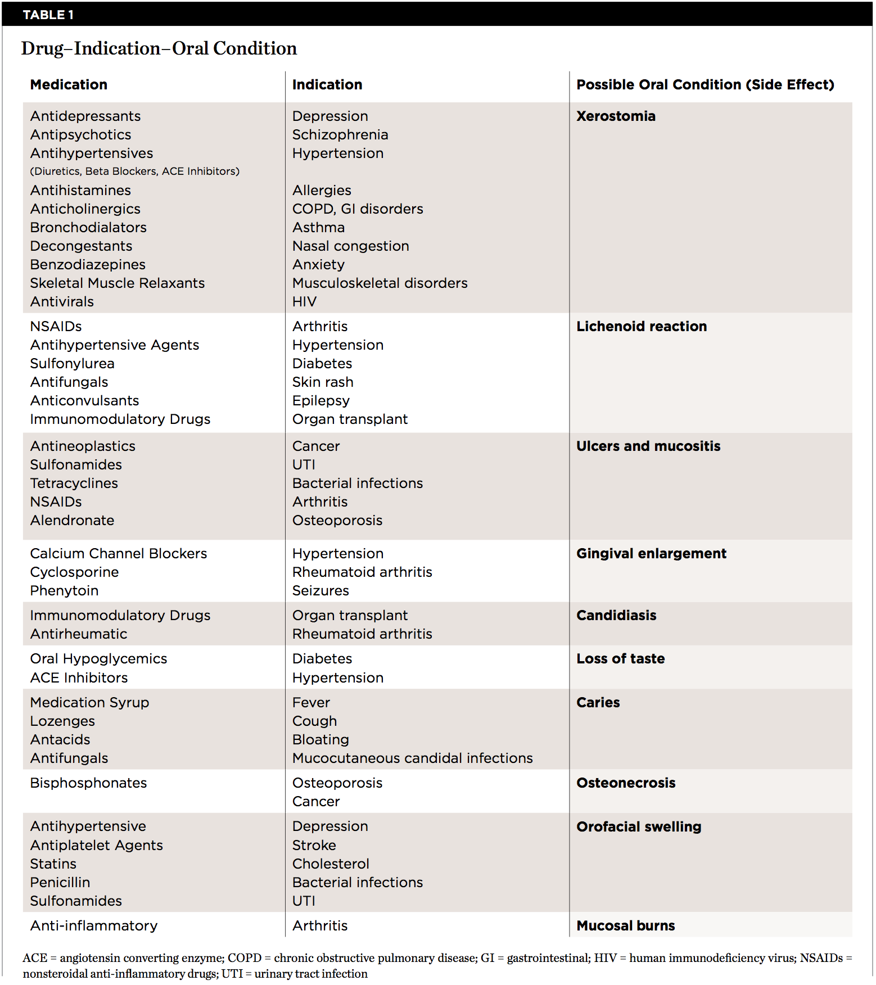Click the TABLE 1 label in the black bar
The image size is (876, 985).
[48, 15]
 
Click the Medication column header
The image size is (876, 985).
[69, 85]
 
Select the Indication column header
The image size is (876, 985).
[327, 85]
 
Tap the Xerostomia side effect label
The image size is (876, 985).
[616, 116]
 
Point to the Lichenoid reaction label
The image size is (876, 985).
[641, 327]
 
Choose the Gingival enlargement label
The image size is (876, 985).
[651, 554]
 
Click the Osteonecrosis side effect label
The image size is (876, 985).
[626, 783]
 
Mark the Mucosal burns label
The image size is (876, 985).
[625, 926]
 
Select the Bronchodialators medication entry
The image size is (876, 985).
[88, 228]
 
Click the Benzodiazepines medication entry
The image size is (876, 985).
[88, 265]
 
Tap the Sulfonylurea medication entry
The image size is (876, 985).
[72, 364]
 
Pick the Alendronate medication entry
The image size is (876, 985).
[72, 521]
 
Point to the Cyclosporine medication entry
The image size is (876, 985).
[74, 572]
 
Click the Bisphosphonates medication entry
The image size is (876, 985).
[88, 783]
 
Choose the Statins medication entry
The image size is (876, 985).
[53, 864]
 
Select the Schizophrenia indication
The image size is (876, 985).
[340, 135]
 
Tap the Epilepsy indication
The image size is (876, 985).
[320, 401]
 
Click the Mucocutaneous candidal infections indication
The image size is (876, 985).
[412, 758]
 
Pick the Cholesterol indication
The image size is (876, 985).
[331, 864]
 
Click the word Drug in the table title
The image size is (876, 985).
[42, 49]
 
